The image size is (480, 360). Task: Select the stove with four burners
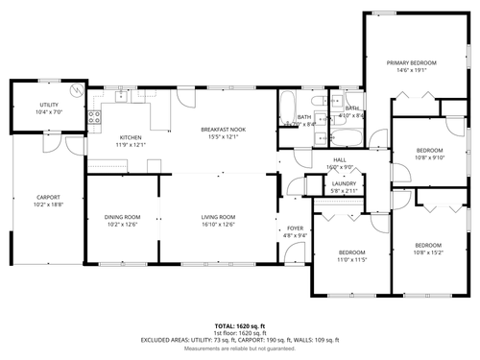point(94,117)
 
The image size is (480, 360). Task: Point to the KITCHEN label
point(131,137)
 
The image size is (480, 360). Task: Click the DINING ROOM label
point(122,217)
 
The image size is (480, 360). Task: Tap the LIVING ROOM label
point(218,217)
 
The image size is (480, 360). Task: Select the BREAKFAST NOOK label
point(223,129)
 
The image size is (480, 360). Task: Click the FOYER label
point(296,228)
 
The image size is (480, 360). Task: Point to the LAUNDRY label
point(344,183)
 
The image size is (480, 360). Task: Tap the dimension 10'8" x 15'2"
point(428,252)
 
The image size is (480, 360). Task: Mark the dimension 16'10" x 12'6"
point(218,224)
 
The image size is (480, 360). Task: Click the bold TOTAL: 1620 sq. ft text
point(240,325)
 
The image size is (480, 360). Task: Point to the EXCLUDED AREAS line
point(240,340)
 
